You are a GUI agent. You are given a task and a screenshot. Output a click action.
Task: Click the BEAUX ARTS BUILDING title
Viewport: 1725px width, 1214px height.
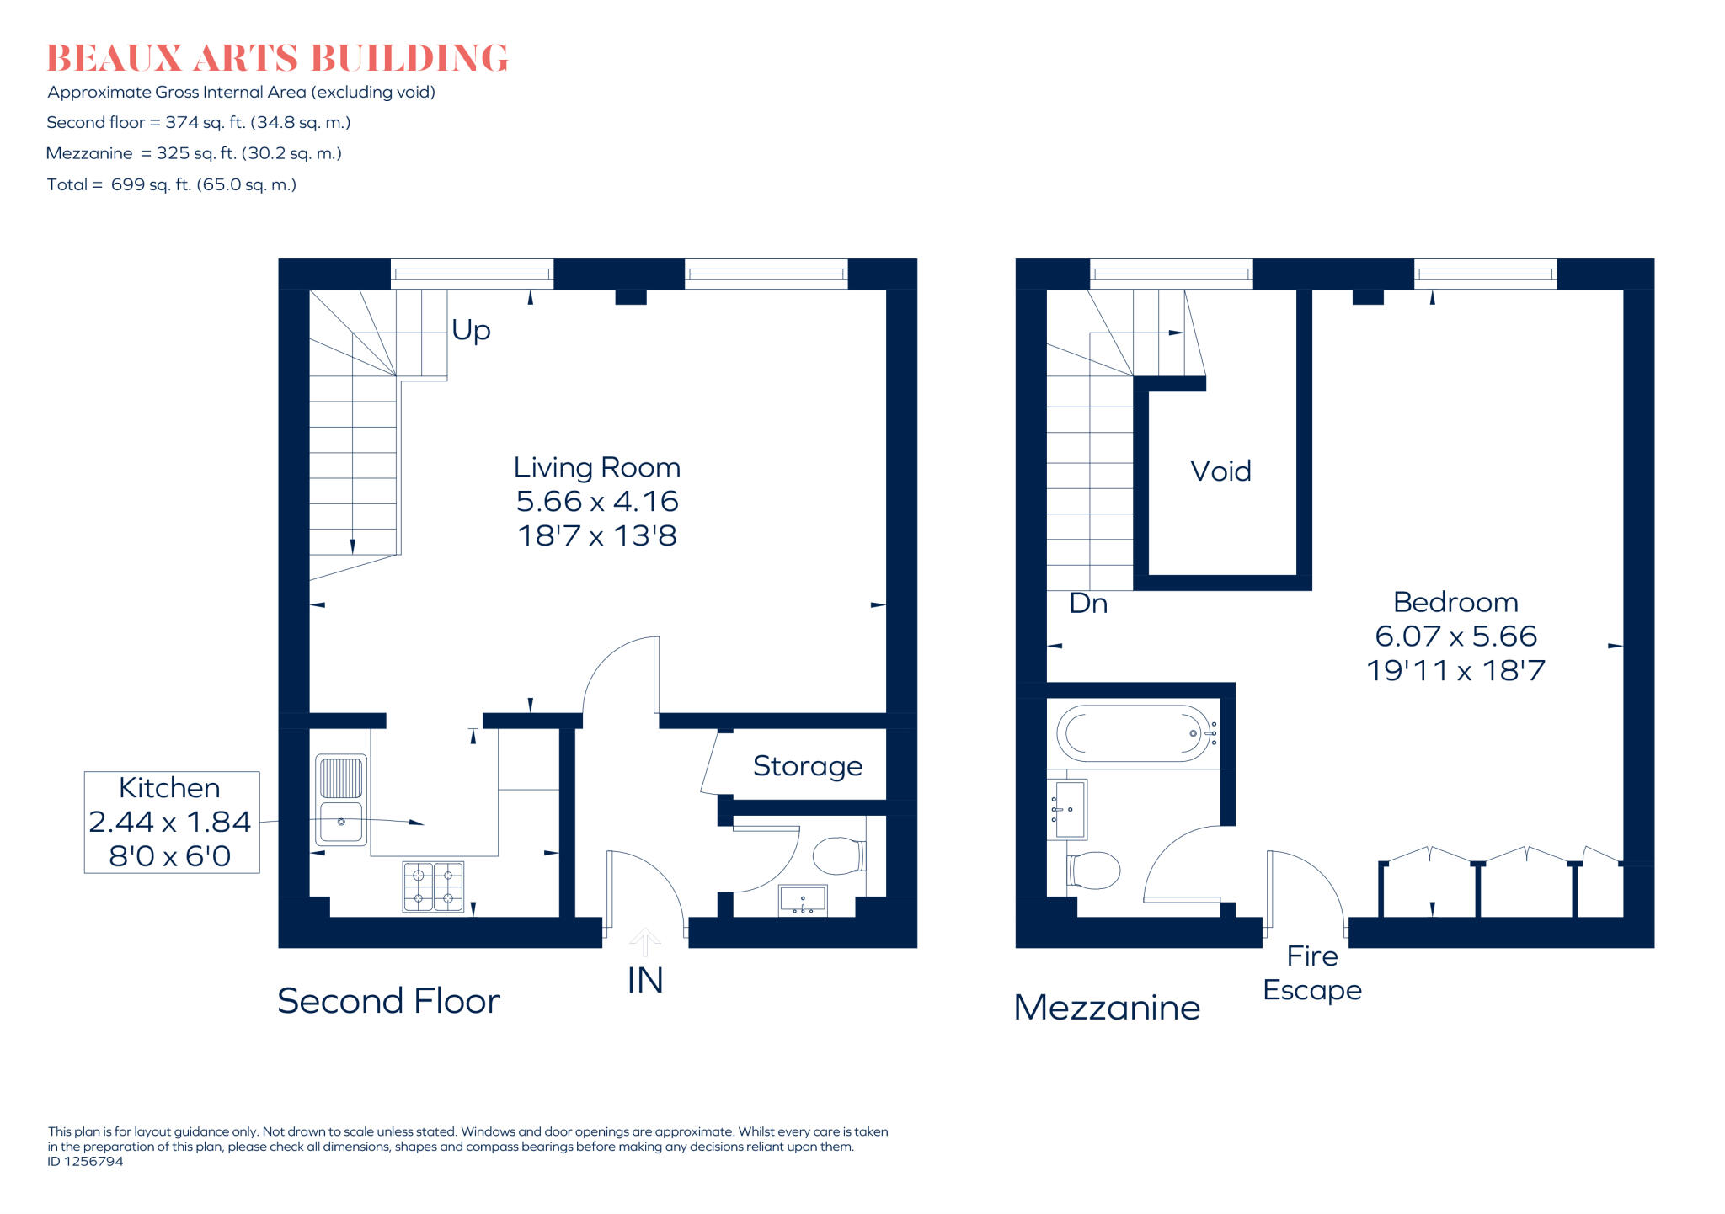click(277, 58)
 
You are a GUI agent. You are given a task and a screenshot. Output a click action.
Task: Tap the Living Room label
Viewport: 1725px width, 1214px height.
click(597, 467)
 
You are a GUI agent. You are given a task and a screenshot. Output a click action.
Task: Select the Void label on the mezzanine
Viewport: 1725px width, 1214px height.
click(1220, 471)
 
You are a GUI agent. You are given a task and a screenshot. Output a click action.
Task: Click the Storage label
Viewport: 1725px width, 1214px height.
click(808, 766)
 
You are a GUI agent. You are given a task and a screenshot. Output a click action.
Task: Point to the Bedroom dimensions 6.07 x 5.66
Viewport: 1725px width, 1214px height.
click(1456, 636)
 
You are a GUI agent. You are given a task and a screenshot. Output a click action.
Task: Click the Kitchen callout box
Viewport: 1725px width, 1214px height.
click(172, 822)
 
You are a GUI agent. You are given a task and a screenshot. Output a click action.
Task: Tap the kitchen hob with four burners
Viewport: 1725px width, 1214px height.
click(433, 887)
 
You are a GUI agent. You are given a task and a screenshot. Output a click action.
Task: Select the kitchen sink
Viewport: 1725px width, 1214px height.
click(341, 800)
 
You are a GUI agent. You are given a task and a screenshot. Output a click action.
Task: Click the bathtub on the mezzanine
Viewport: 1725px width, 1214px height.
click(1136, 733)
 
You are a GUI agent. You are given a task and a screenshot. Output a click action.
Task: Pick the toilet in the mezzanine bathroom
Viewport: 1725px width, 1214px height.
click(1093, 870)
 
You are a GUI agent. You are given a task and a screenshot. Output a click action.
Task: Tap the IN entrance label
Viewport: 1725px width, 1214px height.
click(645, 981)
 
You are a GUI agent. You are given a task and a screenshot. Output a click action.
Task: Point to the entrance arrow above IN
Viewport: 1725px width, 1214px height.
click(645, 942)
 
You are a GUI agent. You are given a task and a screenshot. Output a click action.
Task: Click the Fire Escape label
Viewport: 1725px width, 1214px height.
click(1312, 973)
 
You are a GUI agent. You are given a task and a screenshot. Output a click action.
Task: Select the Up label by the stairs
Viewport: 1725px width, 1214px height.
click(471, 331)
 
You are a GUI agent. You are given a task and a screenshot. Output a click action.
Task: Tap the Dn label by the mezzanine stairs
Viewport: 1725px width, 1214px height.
click(1088, 604)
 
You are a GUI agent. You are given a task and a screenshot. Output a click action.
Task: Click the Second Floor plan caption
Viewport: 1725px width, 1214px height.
click(388, 1001)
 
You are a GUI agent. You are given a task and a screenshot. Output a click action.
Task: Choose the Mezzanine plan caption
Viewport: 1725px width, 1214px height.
click(1107, 1008)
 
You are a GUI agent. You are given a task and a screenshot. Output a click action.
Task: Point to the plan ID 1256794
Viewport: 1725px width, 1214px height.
click(85, 1162)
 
